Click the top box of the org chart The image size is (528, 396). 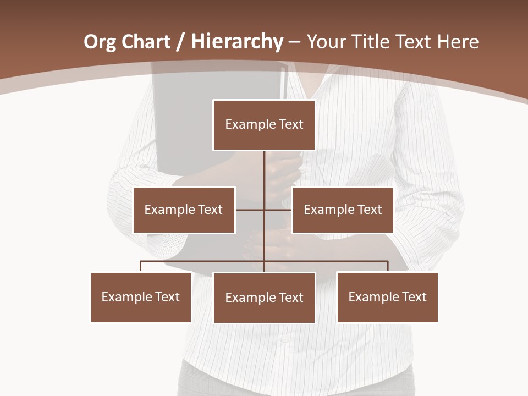(x=264, y=125)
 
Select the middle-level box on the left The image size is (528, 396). (x=184, y=210)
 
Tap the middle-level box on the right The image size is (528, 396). (x=343, y=210)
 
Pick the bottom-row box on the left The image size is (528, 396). (x=141, y=297)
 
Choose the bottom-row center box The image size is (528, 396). (x=264, y=298)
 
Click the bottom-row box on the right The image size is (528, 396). (x=387, y=297)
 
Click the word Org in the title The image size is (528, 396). (x=100, y=42)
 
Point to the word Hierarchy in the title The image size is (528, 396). (x=237, y=42)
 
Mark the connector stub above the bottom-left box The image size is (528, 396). (x=141, y=266)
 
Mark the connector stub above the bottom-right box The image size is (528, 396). (x=388, y=266)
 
